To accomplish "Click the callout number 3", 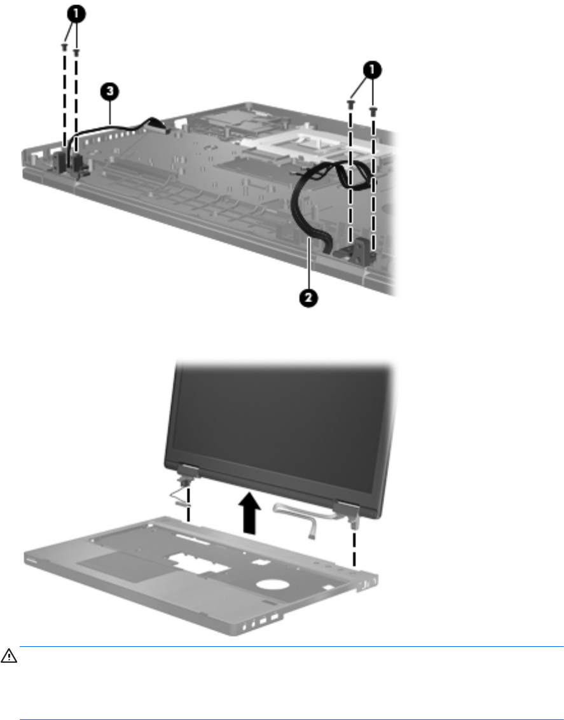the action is click(x=109, y=92).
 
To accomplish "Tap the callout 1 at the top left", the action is click(x=76, y=14).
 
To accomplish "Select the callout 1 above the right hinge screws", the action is click(x=372, y=70).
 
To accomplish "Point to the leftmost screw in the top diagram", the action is click(x=64, y=46).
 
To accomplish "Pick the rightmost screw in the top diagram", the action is click(x=373, y=111).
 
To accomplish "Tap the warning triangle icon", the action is click(x=9, y=656).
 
